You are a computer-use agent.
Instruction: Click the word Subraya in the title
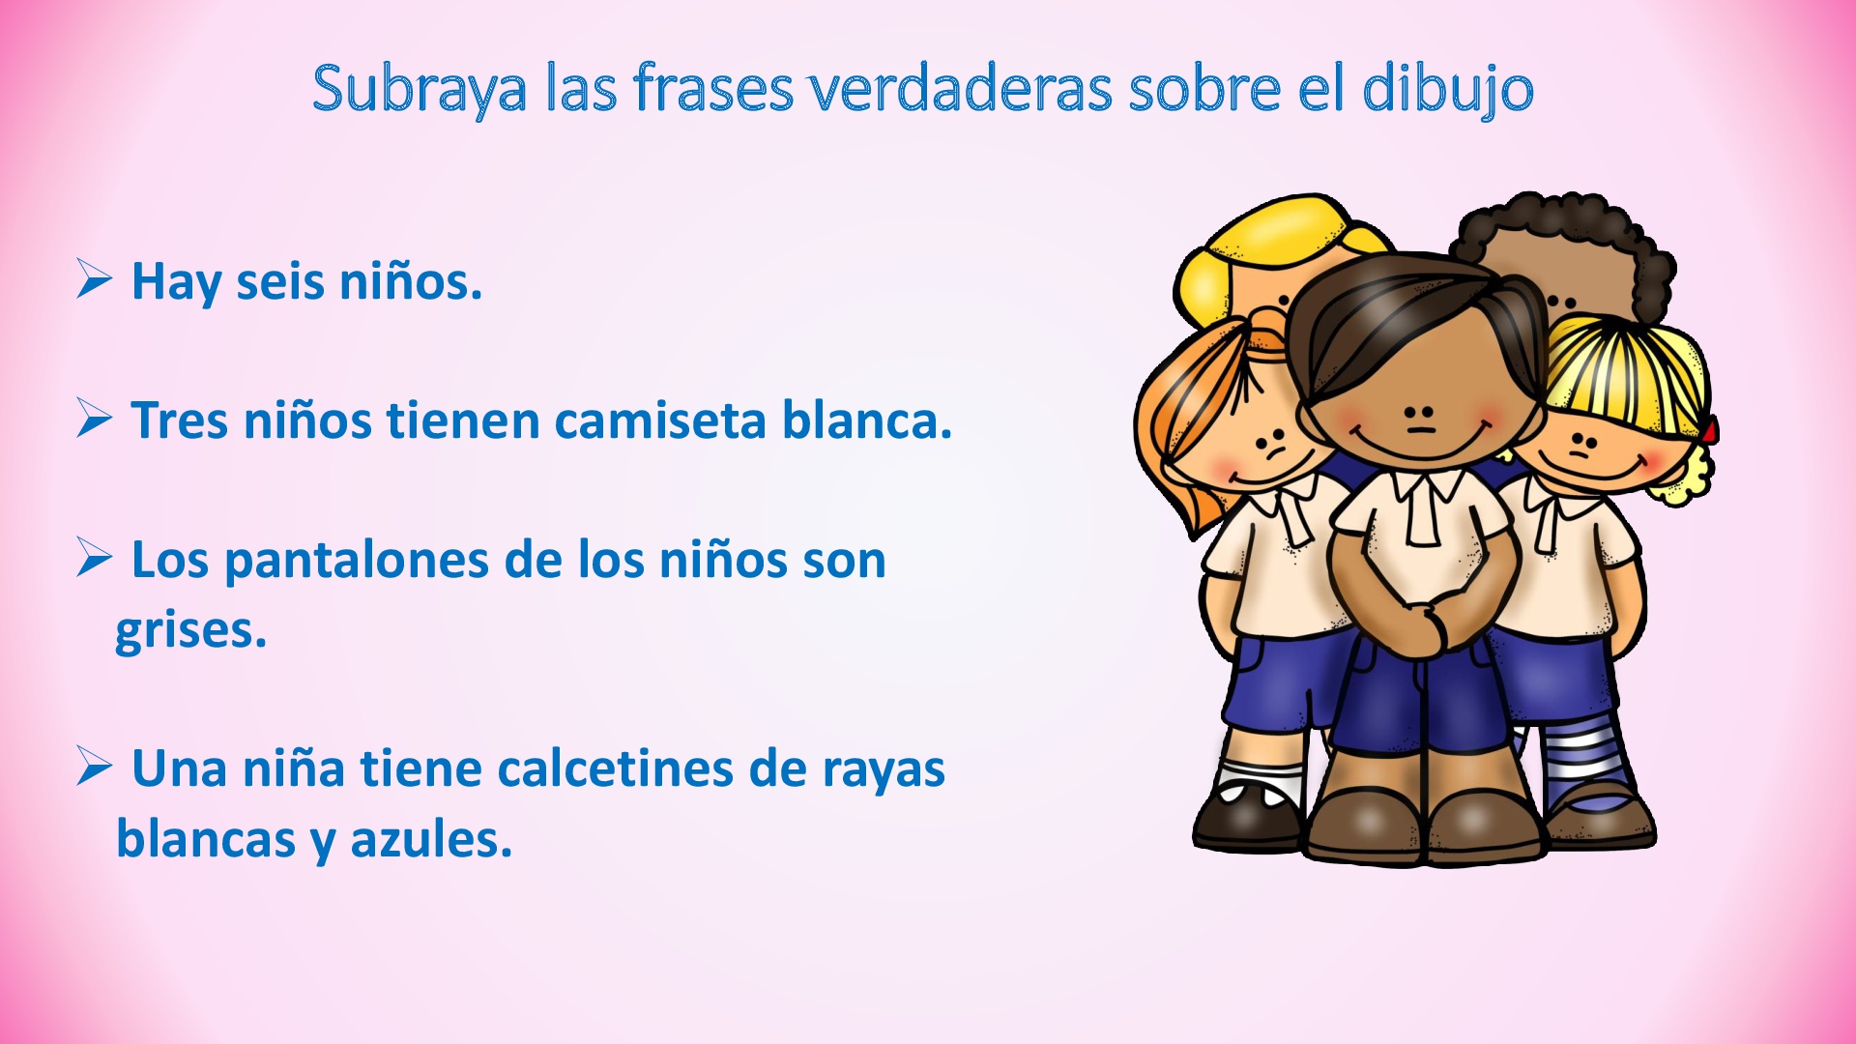419,90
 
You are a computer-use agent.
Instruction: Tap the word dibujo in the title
1447,90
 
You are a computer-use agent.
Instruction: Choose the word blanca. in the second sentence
866,420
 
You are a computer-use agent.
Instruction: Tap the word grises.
190,632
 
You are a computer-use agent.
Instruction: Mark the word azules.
430,839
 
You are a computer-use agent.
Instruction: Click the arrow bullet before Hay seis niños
95,280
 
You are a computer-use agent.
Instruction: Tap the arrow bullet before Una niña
95,768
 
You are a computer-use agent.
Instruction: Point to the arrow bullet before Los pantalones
95,559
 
